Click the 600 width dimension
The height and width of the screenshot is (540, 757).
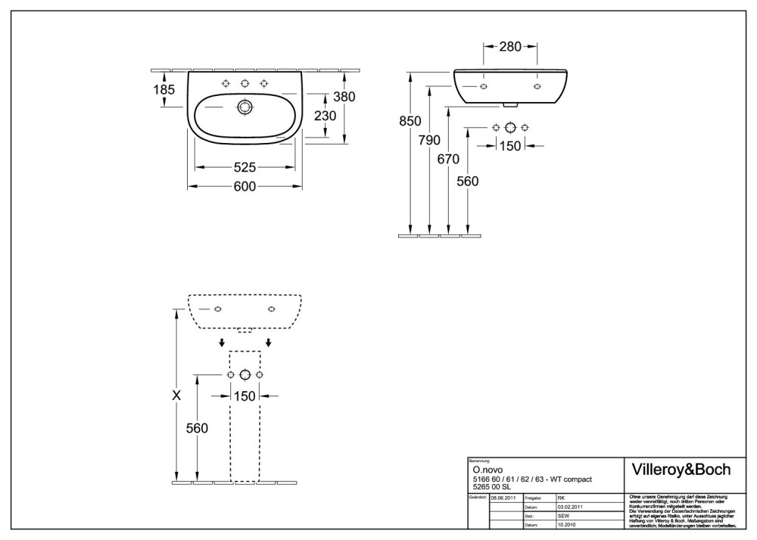point(245,187)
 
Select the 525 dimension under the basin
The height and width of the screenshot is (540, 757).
point(245,167)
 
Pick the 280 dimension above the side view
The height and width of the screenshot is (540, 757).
point(510,48)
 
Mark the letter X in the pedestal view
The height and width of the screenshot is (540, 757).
point(176,395)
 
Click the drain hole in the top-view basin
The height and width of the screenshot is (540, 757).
point(245,107)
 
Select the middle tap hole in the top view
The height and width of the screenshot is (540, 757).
point(245,83)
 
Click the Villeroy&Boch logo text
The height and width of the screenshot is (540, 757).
point(681,470)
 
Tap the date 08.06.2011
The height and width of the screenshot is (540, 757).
point(505,498)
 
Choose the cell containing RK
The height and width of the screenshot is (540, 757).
point(562,498)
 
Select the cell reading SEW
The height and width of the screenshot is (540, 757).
point(563,515)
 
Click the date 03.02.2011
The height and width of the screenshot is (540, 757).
point(571,507)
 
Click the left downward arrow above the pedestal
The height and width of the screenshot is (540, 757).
point(221,343)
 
